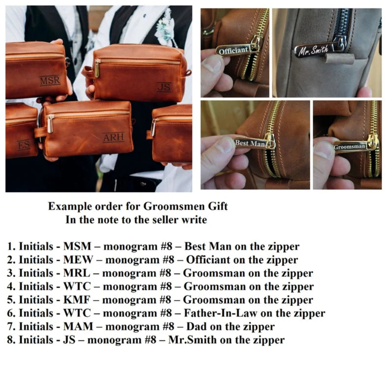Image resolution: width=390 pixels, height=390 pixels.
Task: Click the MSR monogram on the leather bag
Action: (x=50, y=81)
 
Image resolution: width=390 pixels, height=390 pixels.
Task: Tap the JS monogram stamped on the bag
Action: (x=165, y=87)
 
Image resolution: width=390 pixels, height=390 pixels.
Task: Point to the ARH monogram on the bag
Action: (x=113, y=138)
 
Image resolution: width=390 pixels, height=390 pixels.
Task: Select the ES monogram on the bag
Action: (x=24, y=145)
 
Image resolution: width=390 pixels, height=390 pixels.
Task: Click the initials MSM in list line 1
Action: (x=77, y=247)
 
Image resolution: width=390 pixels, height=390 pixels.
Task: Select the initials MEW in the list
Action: (x=79, y=260)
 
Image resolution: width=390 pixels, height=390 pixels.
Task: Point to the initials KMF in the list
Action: (x=77, y=300)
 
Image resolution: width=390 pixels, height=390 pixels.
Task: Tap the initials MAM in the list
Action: (x=79, y=327)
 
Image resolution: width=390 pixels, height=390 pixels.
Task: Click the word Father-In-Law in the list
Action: (x=221, y=313)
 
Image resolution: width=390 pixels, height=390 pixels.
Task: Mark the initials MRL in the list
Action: (x=77, y=274)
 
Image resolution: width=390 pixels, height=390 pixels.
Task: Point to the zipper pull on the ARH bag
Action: (x=51, y=124)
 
